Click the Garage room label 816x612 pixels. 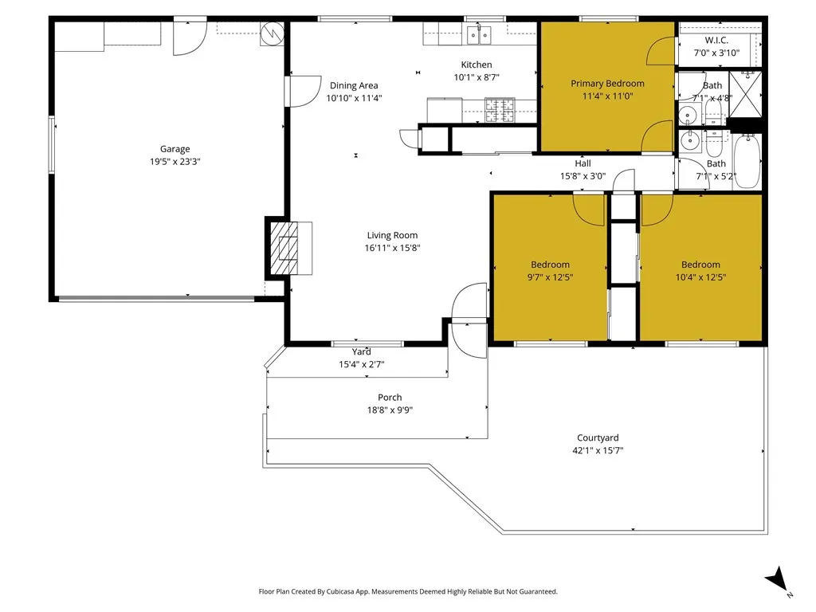[175, 149]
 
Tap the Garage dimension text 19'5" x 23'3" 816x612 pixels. [175, 162]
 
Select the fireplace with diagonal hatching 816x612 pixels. [284, 249]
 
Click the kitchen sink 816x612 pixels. [479, 35]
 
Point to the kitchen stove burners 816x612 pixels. [500, 110]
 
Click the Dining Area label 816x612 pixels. [354, 85]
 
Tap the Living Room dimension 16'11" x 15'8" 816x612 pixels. [392, 249]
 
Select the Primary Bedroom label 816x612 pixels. [607, 83]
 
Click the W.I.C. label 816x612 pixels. [716, 40]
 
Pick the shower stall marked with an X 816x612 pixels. [745, 94]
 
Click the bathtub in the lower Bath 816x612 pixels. [747, 161]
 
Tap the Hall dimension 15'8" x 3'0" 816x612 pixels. [583, 176]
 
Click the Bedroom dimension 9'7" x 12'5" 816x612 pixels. [550, 277]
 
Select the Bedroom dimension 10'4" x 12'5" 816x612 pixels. [700, 277]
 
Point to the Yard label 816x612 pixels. [361, 351]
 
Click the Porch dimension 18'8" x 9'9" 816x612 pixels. [390, 410]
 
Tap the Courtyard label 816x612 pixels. [598, 437]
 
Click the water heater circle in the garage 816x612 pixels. [273, 33]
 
